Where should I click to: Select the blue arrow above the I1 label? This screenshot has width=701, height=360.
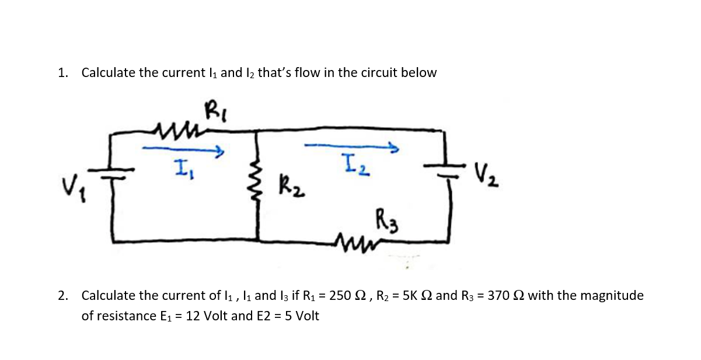tap(184, 151)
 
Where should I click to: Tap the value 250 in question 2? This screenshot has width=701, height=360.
tap(340, 296)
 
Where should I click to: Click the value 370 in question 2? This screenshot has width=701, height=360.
tap(498, 296)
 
